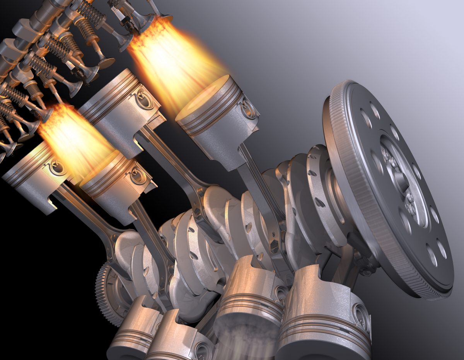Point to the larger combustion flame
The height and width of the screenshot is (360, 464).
[x=174, y=62]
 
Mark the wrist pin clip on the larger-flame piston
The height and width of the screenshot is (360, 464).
[x=247, y=108]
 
